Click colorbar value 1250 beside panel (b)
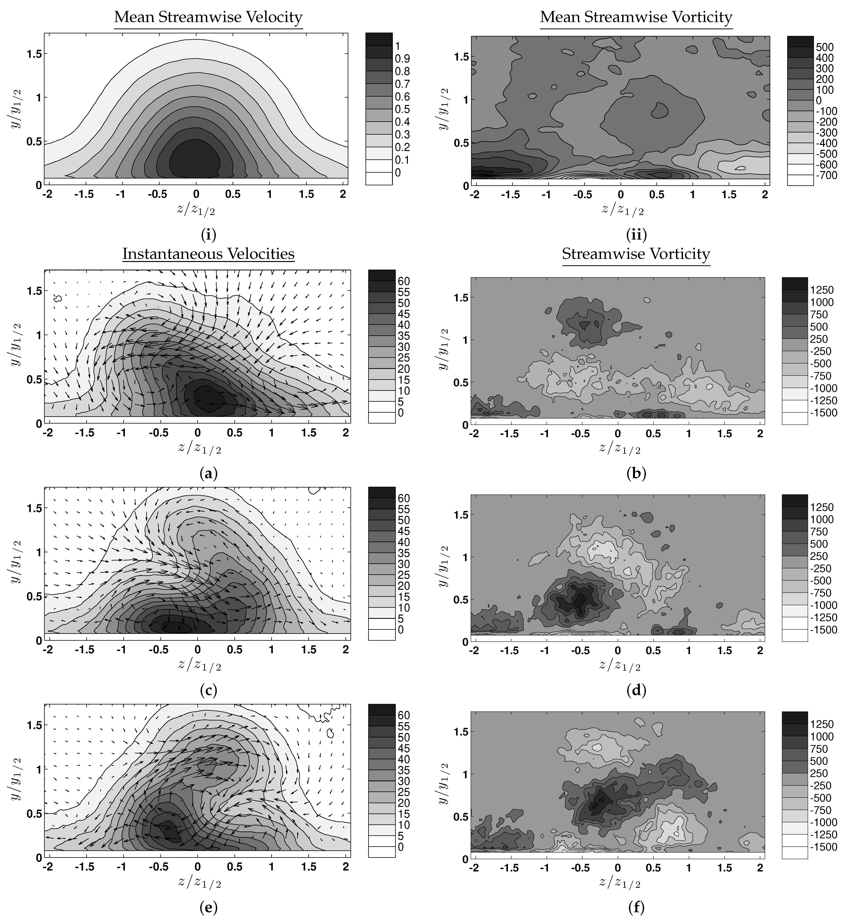[x=821, y=290]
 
